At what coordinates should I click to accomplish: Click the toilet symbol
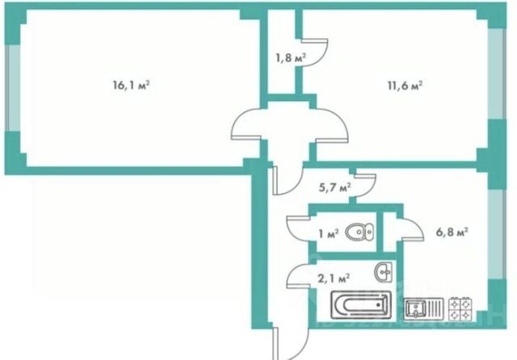pyautogui.click(x=359, y=232)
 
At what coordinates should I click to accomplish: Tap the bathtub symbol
pyautogui.click(x=360, y=307)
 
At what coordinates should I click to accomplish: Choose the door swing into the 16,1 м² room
pyautogui.click(x=245, y=129)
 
